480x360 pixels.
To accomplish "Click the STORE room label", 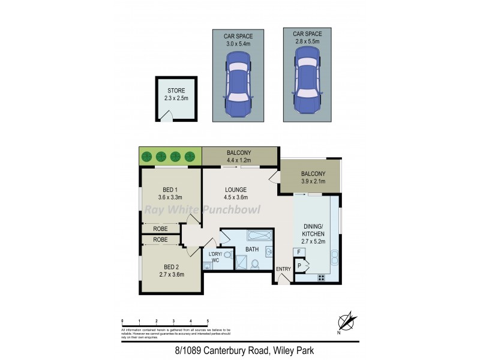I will coord(176,91).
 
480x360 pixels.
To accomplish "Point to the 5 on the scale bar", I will coord(208,321).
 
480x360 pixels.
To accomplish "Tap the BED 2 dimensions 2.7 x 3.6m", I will coord(171,274).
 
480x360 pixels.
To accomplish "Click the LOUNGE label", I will coord(236,190).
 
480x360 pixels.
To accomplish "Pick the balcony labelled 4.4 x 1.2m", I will coord(239,156).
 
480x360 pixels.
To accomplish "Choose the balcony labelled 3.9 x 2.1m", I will coord(312,178).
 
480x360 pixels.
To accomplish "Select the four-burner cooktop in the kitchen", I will coord(321,278).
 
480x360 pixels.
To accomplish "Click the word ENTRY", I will coord(283,269).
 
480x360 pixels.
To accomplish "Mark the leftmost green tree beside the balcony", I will coord(146,157).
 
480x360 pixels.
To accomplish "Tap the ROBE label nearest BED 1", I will coord(160,229).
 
